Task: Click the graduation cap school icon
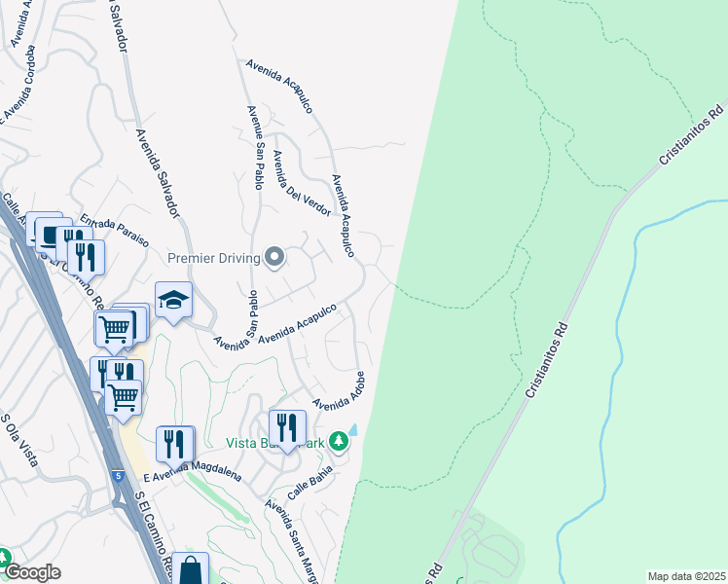[172, 300]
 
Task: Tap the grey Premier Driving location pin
[274, 258]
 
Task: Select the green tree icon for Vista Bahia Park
[338, 441]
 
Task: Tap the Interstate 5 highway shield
[120, 476]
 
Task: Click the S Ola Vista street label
[19, 440]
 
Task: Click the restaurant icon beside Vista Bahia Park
[287, 427]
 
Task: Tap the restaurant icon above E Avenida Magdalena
[174, 444]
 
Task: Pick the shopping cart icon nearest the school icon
[115, 329]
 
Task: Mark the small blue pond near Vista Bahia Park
[352, 429]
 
